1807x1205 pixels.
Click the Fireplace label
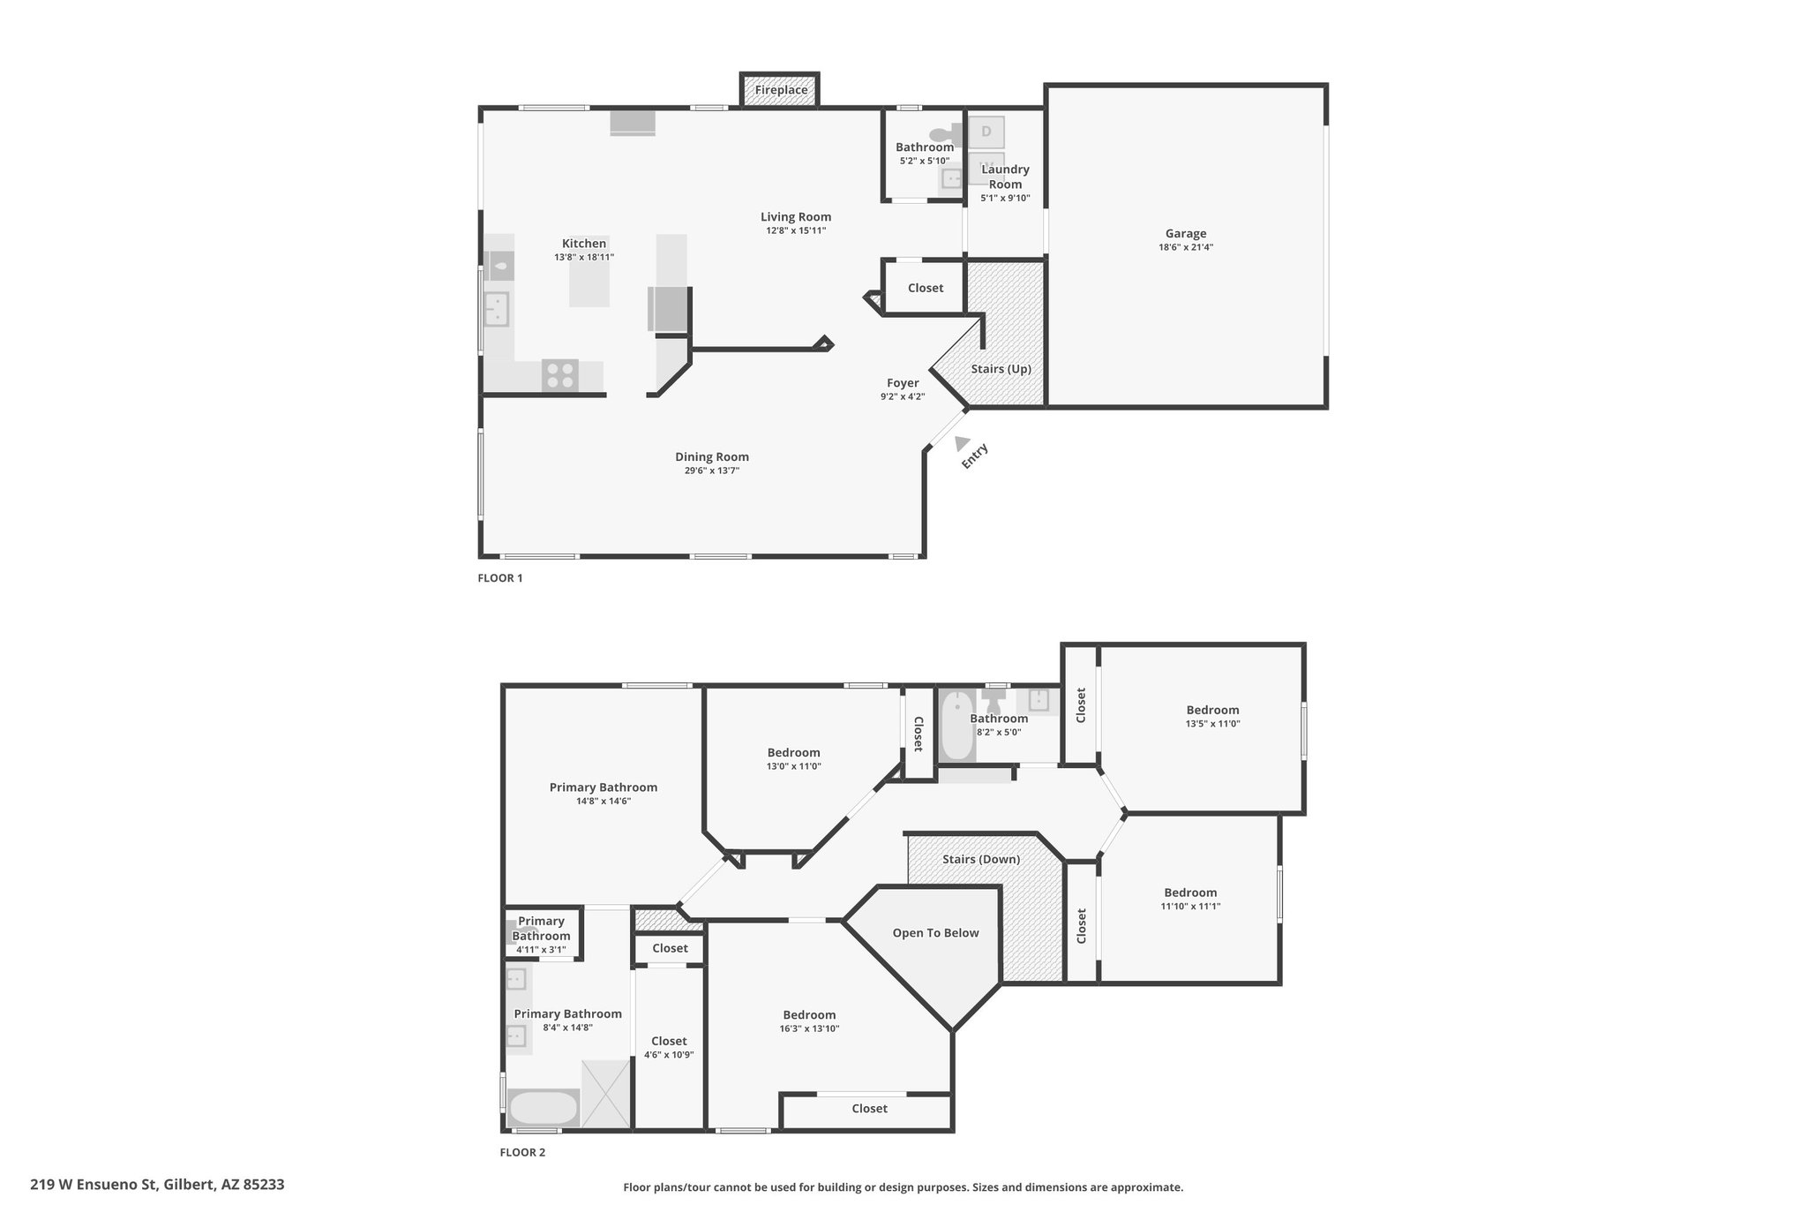781,90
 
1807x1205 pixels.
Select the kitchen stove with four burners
559,375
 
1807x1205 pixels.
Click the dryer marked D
986,132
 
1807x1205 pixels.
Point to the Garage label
1186,234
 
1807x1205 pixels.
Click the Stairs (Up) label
1001,369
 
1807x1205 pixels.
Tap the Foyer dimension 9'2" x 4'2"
903,397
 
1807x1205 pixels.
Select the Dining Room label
712,456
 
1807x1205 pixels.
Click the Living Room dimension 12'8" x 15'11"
796,230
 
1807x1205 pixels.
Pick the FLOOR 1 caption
500,578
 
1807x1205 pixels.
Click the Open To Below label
935,933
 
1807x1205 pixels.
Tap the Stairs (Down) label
981,859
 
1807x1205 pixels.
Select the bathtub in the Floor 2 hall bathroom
956,727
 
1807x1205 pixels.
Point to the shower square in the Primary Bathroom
606,1094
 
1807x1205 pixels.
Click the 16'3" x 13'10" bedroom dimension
809,1028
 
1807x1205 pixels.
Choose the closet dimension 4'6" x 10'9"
669,1054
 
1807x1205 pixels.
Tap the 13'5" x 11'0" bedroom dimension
1212,723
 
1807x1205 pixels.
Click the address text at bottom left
157,1184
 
